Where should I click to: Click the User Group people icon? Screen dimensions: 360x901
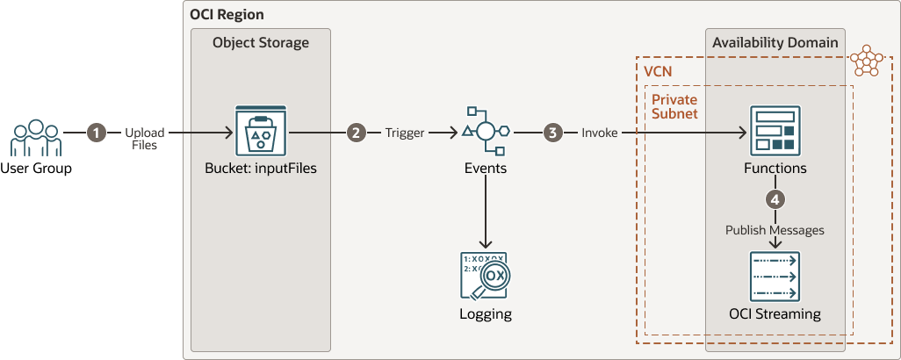pyautogui.click(x=36, y=139)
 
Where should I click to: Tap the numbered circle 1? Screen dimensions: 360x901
pyautogui.click(x=96, y=133)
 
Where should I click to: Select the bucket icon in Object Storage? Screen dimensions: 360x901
pyautogui.click(x=261, y=132)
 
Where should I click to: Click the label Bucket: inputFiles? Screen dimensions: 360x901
pyautogui.click(x=261, y=169)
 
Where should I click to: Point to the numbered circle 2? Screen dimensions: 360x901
pyautogui.click(x=355, y=133)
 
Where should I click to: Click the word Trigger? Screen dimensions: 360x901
pyautogui.click(x=404, y=133)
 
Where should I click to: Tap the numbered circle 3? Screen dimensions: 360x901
pyautogui.click(x=551, y=133)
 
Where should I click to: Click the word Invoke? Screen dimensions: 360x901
pyautogui.click(x=599, y=133)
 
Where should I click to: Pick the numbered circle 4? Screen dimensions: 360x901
pyautogui.click(x=775, y=199)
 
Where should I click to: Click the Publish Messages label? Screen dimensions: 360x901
pyautogui.click(x=775, y=230)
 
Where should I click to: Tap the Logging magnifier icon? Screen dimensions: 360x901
pyautogui.click(x=485, y=277)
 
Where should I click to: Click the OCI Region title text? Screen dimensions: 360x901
pyautogui.click(x=227, y=16)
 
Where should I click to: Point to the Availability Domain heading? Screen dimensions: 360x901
pyautogui.click(x=775, y=42)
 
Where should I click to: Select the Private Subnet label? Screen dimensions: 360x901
pyautogui.click(x=674, y=106)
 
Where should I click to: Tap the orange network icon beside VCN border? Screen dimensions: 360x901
pyautogui.click(x=869, y=61)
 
